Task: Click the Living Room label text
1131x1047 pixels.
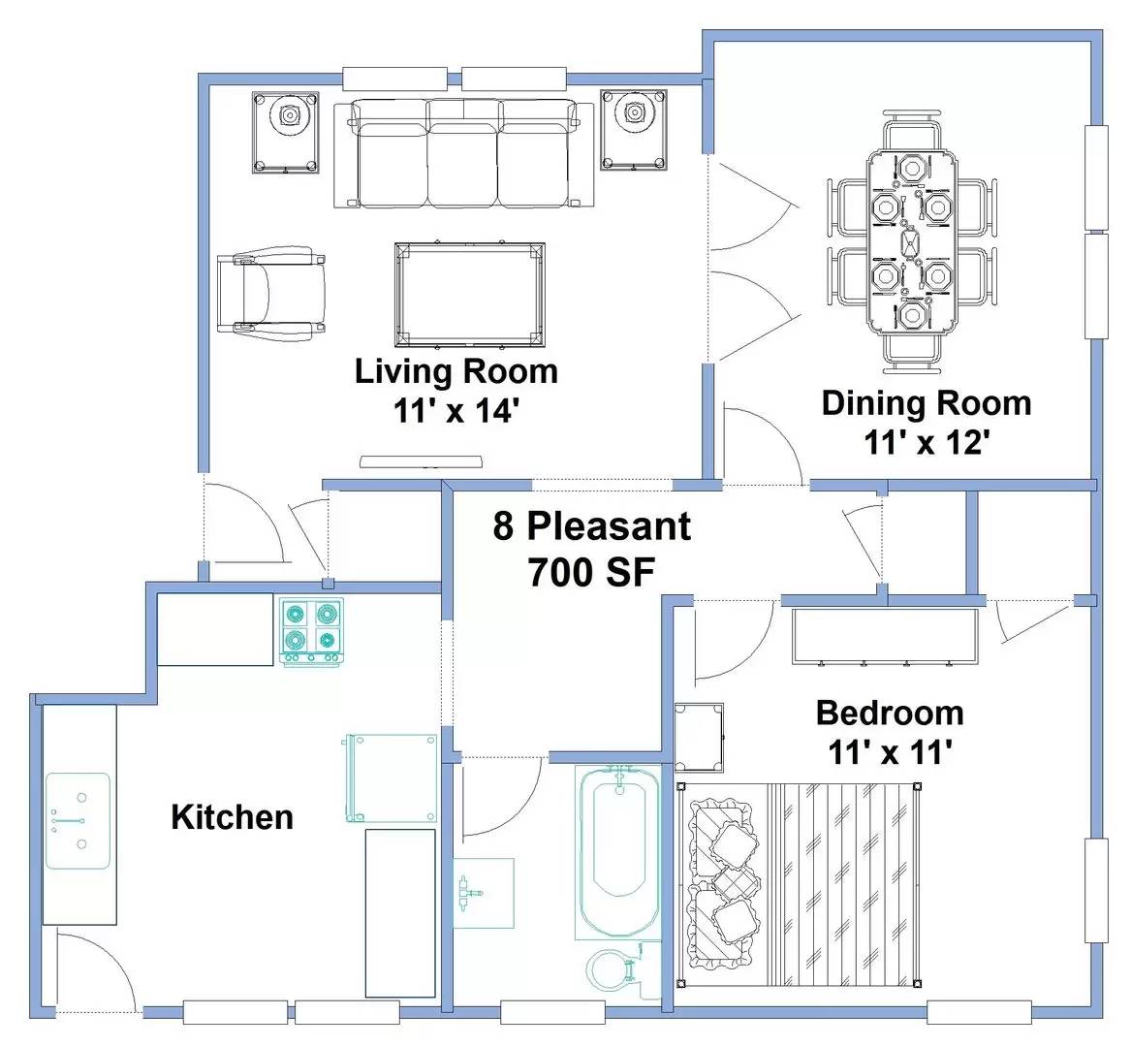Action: [x=456, y=371]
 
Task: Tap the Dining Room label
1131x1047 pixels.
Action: [x=927, y=402]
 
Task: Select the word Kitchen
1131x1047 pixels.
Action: [x=233, y=817]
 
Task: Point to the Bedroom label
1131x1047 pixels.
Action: [x=890, y=713]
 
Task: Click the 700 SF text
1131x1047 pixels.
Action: [x=591, y=573]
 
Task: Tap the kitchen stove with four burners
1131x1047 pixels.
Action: [x=311, y=631]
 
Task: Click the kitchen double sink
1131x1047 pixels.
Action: [x=78, y=821]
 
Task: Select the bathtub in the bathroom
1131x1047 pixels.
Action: [x=618, y=851]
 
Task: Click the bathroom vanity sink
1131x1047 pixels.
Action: [x=483, y=893]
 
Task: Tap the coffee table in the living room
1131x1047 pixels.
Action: [x=470, y=295]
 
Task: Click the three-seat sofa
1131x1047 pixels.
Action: [x=463, y=154]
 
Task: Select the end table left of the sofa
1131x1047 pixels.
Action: [x=286, y=132]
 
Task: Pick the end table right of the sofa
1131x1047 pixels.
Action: [x=634, y=130]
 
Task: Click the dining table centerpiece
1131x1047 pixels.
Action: [x=910, y=242]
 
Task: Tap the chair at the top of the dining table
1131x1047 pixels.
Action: [x=912, y=131]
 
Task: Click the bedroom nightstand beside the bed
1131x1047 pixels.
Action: [x=699, y=738]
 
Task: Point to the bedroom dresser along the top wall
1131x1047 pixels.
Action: [x=885, y=636]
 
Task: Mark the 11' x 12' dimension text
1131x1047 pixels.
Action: [x=927, y=442]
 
